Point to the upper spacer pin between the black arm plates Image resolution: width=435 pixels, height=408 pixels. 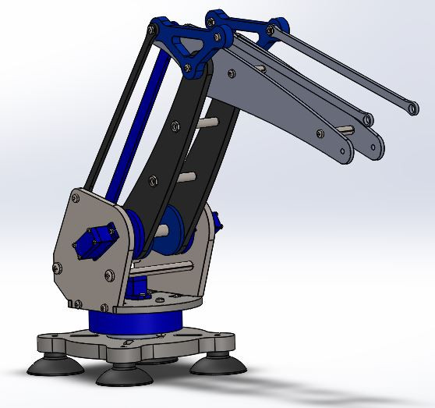coord(210,123)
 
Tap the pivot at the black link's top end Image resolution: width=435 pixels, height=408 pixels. coord(150,30)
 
